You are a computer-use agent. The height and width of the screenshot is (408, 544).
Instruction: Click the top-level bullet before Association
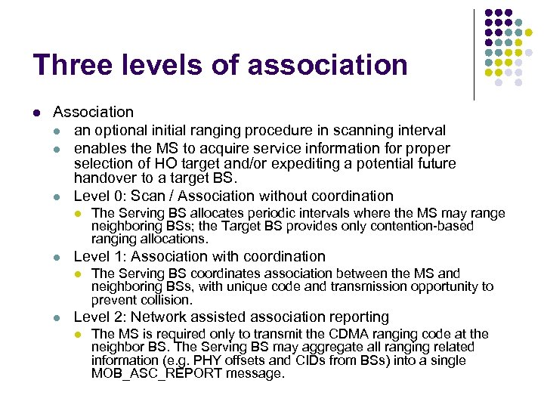[x=36, y=113]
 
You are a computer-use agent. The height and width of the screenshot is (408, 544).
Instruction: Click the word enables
[x=100, y=148]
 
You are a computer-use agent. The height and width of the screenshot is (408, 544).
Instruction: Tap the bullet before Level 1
[x=59, y=257]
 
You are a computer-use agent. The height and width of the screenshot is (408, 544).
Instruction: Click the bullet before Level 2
[x=59, y=317]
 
